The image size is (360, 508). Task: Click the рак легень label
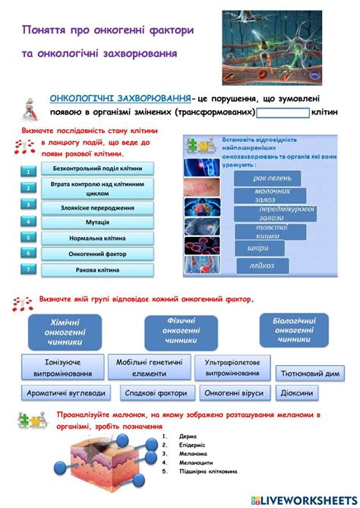268,178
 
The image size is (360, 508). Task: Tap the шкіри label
257,248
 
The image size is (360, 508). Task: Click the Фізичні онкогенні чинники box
181,331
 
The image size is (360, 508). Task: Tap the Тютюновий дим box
310,374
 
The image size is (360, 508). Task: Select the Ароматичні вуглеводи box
66,393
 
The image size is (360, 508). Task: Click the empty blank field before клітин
283,112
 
